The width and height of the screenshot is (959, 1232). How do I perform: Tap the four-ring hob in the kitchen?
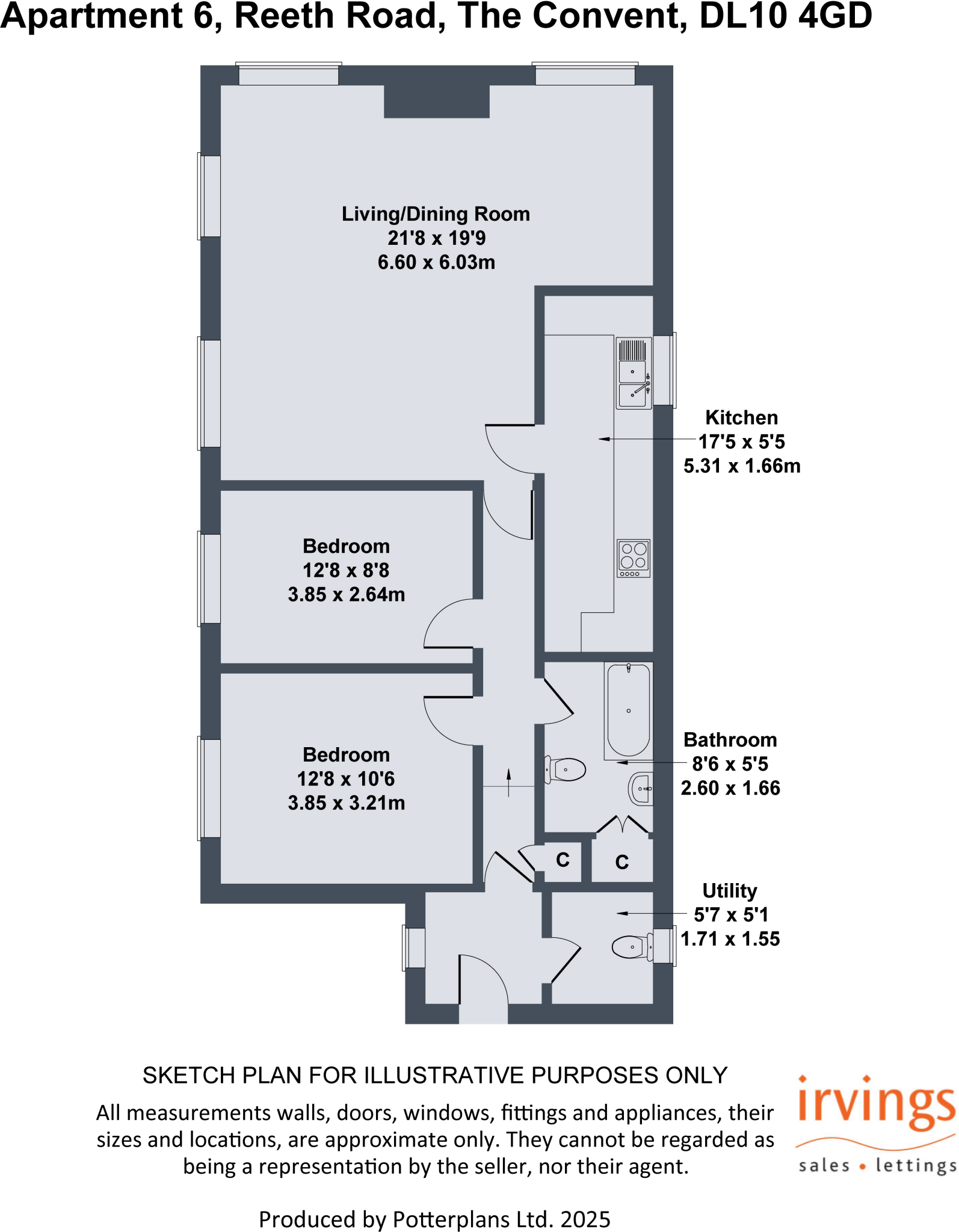(634, 558)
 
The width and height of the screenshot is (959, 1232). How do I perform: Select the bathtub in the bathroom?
(629, 710)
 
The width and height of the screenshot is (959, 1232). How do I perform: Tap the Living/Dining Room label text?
(436, 214)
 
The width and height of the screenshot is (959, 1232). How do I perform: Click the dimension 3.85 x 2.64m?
(346, 594)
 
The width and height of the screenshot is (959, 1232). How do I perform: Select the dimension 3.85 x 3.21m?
(346, 802)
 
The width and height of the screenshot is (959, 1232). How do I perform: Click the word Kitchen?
(741, 417)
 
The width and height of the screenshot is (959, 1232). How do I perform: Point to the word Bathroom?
(730, 739)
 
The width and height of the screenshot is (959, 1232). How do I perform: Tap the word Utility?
(729, 890)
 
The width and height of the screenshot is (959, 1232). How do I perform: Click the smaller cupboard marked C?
(563, 860)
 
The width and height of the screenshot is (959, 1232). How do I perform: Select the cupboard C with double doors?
(622, 862)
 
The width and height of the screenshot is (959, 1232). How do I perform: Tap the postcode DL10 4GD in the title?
(785, 16)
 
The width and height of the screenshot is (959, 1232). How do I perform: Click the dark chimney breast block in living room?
(436, 101)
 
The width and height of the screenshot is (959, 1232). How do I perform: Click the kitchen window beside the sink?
(664, 370)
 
